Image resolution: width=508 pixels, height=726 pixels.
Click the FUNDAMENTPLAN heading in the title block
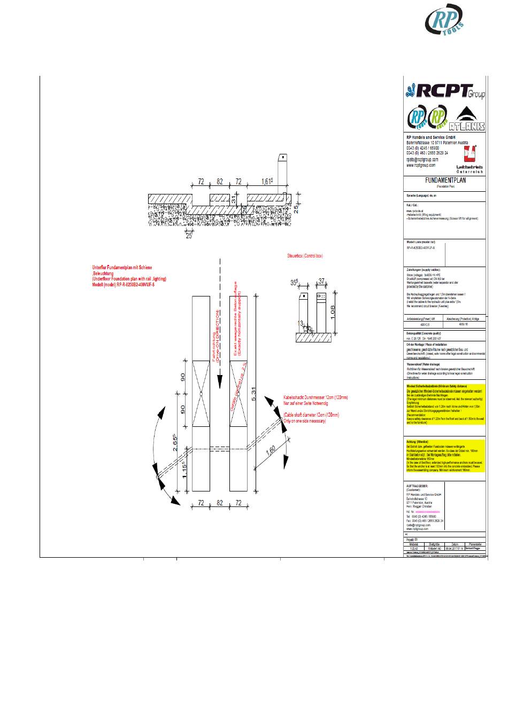(x=445, y=181)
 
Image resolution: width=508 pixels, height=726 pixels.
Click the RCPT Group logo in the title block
(x=445, y=91)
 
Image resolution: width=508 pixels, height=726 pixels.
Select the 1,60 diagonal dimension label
(x=271, y=451)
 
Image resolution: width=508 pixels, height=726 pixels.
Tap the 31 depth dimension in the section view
(x=234, y=198)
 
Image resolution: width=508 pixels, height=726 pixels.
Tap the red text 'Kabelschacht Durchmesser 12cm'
(x=315, y=398)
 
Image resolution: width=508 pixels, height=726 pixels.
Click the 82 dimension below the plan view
(x=219, y=503)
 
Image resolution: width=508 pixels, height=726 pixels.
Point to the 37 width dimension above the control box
(x=321, y=281)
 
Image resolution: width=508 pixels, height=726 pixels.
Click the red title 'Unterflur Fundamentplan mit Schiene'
(x=122, y=267)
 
